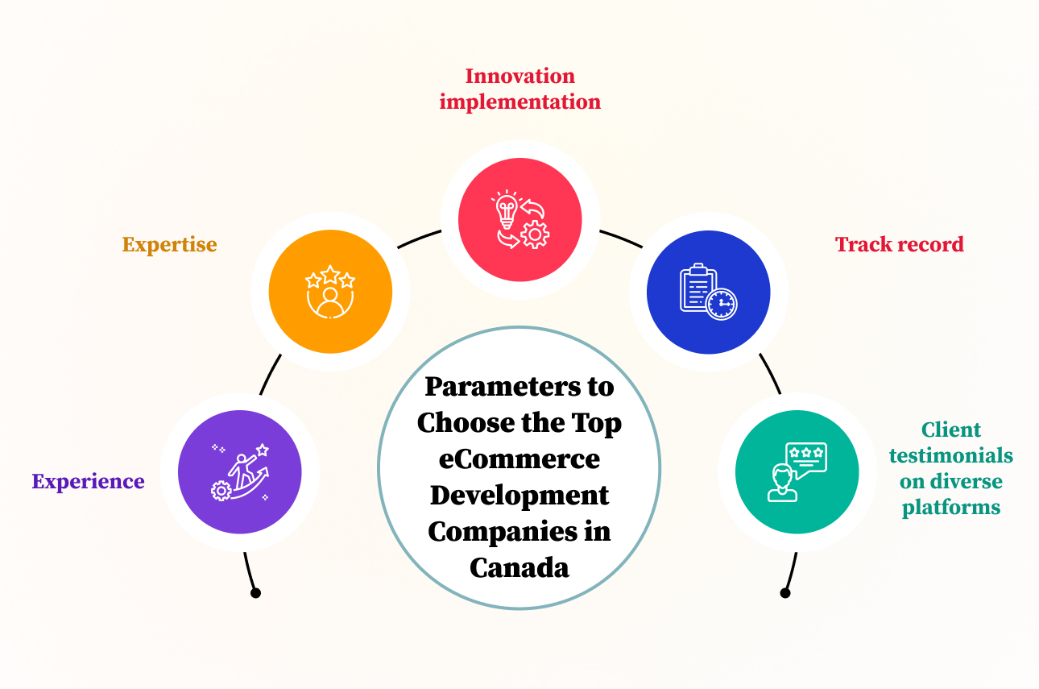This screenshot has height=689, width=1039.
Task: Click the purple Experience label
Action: [x=88, y=482]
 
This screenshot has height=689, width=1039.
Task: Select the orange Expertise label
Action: [x=170, y=245]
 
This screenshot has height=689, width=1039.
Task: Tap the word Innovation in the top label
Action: [x=520, y=76]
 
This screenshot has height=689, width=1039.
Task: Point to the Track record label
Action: [x=900, y=244]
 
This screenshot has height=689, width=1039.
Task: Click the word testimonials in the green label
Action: [x=951, y=455]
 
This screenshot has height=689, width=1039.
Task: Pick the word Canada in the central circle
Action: [x=519, y=567]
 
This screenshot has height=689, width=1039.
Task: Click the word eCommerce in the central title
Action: [x=519, y=459]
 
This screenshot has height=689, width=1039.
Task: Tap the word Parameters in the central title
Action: [x=503, y=387]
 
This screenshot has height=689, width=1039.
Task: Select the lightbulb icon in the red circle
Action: [x=506, y=210]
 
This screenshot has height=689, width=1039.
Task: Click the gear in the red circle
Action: [x=535, y=235]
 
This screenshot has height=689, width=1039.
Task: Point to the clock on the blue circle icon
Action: [x=722, y=304]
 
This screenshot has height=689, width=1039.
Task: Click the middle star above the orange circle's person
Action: [x=330, y=275]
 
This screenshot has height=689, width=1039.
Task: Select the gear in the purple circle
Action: [x=221, y=491]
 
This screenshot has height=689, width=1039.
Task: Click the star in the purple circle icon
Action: [x=263, y=450]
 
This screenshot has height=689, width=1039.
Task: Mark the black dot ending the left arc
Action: [x=255, y=593]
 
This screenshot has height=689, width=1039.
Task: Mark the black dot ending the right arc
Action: [x=784, y=593]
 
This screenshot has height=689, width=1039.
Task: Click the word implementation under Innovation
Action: [x=520, y=102]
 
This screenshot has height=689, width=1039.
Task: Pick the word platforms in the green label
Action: [x=951, y=508]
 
